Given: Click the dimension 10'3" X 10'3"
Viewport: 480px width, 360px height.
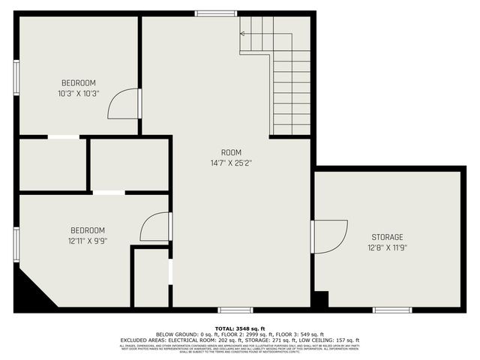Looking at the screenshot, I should coord(78,93).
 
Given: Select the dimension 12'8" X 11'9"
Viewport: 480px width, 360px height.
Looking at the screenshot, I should coord(386,247).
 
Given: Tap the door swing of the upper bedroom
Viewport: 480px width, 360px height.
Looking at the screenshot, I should coord(124,104).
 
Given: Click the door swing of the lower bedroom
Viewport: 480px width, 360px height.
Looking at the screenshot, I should coord(155,226).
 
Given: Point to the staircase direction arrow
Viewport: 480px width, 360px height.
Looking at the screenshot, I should coord(243,32).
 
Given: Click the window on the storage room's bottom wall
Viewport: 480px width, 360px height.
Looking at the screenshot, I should coord(392,309).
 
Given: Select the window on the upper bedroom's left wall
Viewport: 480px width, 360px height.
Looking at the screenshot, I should coord(16,77).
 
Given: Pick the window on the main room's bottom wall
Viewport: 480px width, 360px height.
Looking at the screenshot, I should coord(235,309).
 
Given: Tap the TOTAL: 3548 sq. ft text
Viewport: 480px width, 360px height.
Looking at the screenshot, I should coord(239,328).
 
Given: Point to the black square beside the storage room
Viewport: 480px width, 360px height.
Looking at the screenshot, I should coord(320,298).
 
